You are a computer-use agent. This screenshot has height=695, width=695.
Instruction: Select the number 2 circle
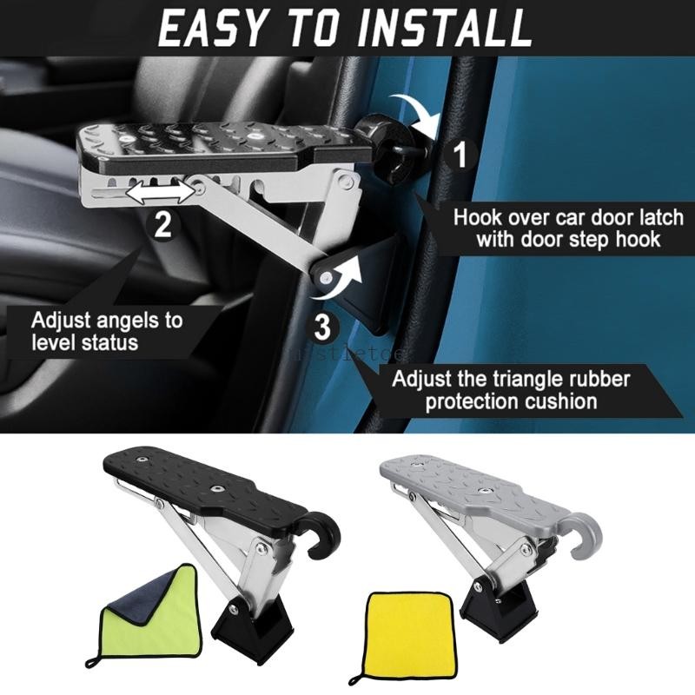(162, 225)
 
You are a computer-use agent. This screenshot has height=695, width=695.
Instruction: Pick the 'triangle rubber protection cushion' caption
(509, 390)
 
